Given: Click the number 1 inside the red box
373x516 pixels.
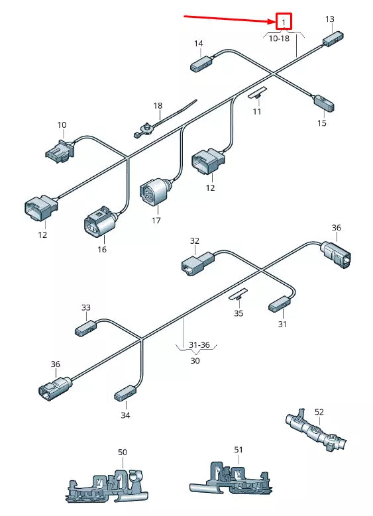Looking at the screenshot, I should [284, 23].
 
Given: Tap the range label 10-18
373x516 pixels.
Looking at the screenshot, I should [279, 38].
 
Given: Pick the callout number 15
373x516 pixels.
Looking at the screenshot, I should [322, 123].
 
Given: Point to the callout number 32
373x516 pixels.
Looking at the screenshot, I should [194, 241].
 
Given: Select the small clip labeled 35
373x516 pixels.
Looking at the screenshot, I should [239, 295].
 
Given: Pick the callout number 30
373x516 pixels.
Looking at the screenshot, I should [195, 361].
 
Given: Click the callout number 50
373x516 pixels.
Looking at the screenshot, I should [123, 452].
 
